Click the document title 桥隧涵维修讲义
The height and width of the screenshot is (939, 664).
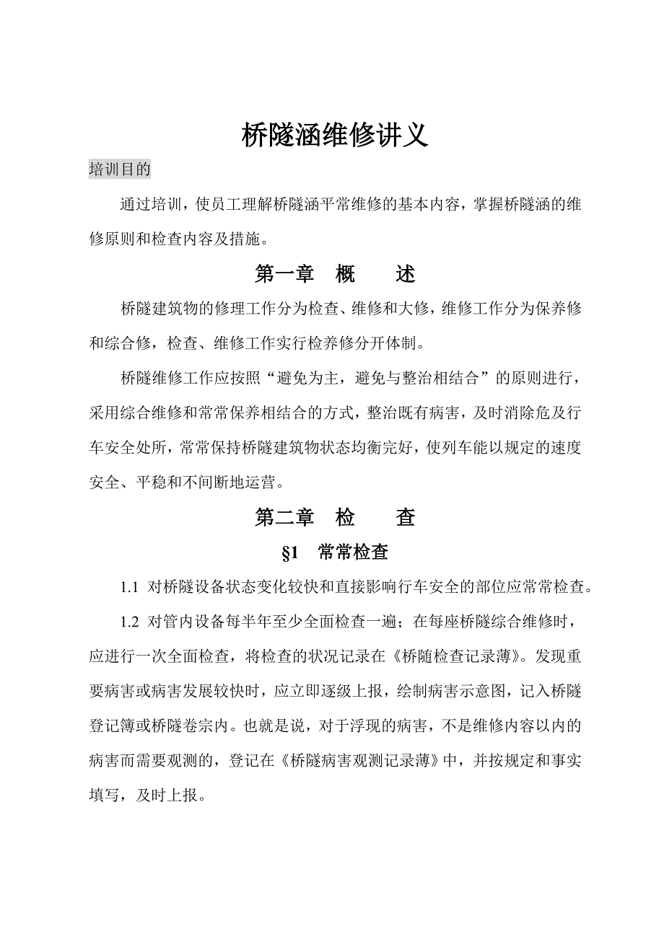334,135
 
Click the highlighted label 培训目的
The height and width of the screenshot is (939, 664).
120,169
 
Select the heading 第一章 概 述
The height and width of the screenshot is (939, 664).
335,275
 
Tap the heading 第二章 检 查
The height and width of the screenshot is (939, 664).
335,517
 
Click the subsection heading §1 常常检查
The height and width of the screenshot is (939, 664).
335,552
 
